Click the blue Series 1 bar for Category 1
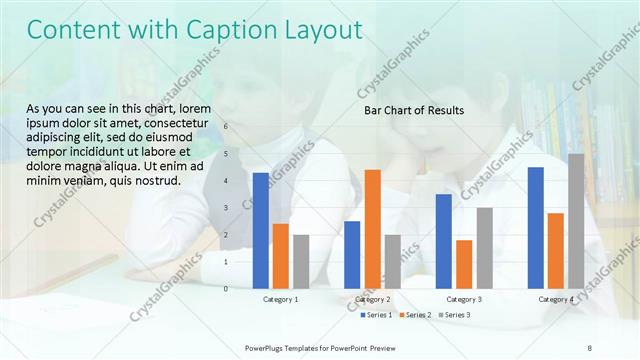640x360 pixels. (x=261, y=230)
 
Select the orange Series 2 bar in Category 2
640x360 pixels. (x=372, y=228)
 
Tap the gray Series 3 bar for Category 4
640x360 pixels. (x=576, y=221)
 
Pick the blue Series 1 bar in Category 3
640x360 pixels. (x=443, y=241)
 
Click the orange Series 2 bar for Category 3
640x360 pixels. (x=463, y=264)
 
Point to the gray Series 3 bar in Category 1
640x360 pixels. (x=301, y=261)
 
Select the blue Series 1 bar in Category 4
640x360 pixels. (x=535, y=227)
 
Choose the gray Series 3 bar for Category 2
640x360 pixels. (x=392, y=261)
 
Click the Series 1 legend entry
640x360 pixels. (x=374, y=315)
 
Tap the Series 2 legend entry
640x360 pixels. (x=413, y=315)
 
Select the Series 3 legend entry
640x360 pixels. (x=452, y=315)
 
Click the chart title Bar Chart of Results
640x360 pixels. (x=413, y=110)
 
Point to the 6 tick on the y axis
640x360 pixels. (x=226, y=127)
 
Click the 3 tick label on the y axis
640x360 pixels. (x=226, y=208)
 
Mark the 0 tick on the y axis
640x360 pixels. (x=226, y=289)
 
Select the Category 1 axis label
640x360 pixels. (x=281, y=299)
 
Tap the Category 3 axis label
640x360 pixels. (x=463, y=299)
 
